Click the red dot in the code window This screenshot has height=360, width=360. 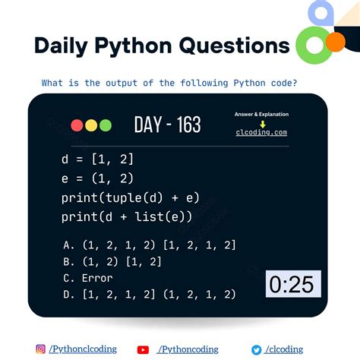pos(77,125)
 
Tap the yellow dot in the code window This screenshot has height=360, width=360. pos(91,125)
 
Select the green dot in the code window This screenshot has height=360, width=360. pos(105,125)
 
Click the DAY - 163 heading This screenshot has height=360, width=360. pos(167,125)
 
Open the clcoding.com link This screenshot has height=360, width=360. pos(261,132)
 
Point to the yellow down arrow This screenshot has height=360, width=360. pos(261,123)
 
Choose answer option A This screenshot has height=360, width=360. pos(150,245)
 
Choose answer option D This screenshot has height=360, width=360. pos(150,295)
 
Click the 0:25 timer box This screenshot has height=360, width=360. pos(293,284)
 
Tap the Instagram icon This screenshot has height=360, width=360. pos(41,349)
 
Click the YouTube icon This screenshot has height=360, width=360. pos(143,349)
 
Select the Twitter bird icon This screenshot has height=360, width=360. pos(257,349)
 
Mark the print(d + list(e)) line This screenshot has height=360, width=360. pos(126,217)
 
